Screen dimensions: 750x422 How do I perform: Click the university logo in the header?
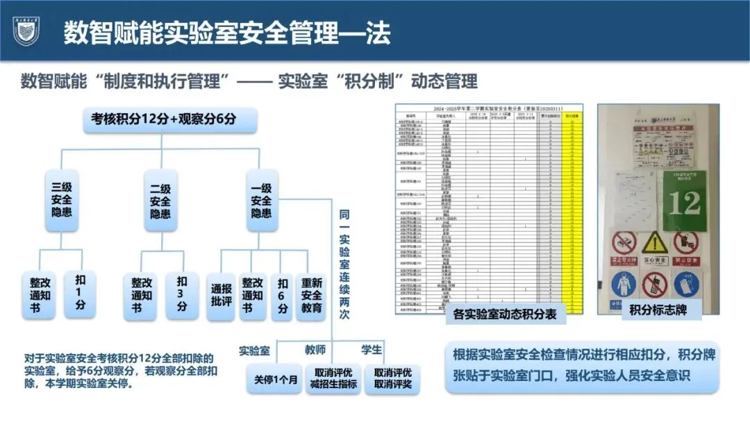tap(26, 31)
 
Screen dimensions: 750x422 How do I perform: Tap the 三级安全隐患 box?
tap(62, 199)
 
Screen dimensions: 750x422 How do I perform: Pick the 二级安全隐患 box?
tap(161, 199)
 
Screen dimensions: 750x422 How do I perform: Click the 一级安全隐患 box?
tap(261, 199)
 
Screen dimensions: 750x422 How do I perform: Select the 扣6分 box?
tap(282, 296)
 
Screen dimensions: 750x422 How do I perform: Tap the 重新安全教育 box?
tap(312, 296)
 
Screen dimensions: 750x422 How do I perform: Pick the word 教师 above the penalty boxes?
tap(315, 349)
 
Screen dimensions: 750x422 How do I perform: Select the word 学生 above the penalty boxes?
tap(372, 349)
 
